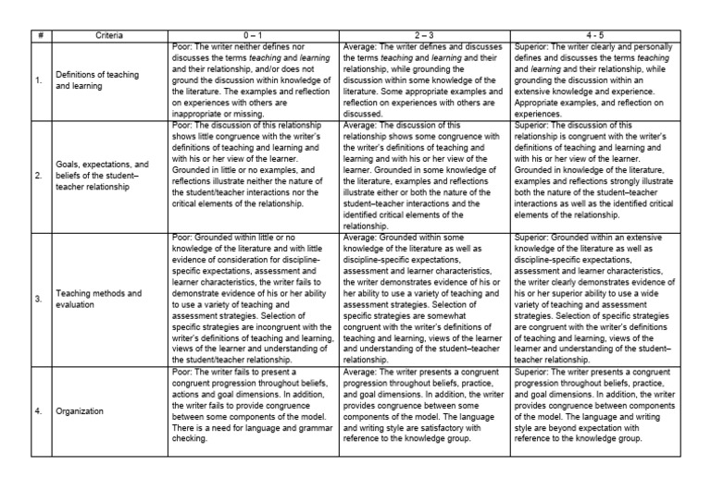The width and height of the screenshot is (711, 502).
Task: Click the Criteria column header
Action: click(108, 35)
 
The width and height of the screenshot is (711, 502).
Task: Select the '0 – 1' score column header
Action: click(255, 35)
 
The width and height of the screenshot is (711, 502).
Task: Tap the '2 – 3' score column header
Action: click(424, 35)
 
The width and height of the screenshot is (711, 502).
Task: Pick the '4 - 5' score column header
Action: click(594, 35)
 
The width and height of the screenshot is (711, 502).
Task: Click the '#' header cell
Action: click(40, 35)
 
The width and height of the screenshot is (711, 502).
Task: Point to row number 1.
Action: click(38, 80)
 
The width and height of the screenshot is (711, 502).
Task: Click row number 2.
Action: click(38, 175)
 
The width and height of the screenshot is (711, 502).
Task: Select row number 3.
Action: click(38, 300)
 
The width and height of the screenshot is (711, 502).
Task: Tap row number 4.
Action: click(38, 411)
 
